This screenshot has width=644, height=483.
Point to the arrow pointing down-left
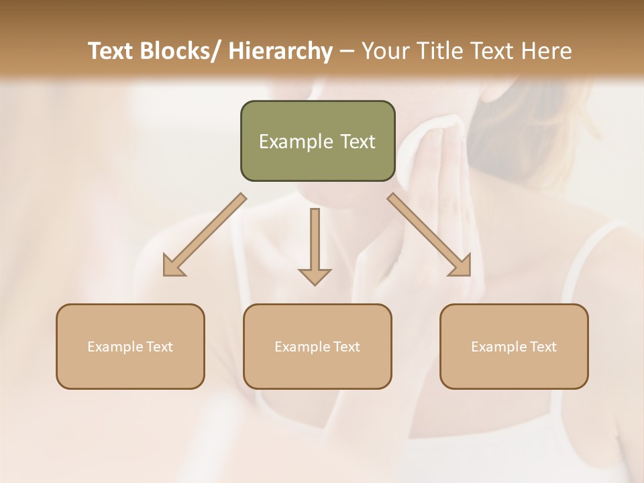[205, 235]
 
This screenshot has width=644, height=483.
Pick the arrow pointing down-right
[429, 235]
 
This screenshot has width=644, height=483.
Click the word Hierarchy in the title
[280, 51]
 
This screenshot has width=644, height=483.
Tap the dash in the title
[347, 51]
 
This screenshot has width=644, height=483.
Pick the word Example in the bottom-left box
[115, 347]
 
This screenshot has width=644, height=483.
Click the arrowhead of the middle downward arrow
[315, 276]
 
